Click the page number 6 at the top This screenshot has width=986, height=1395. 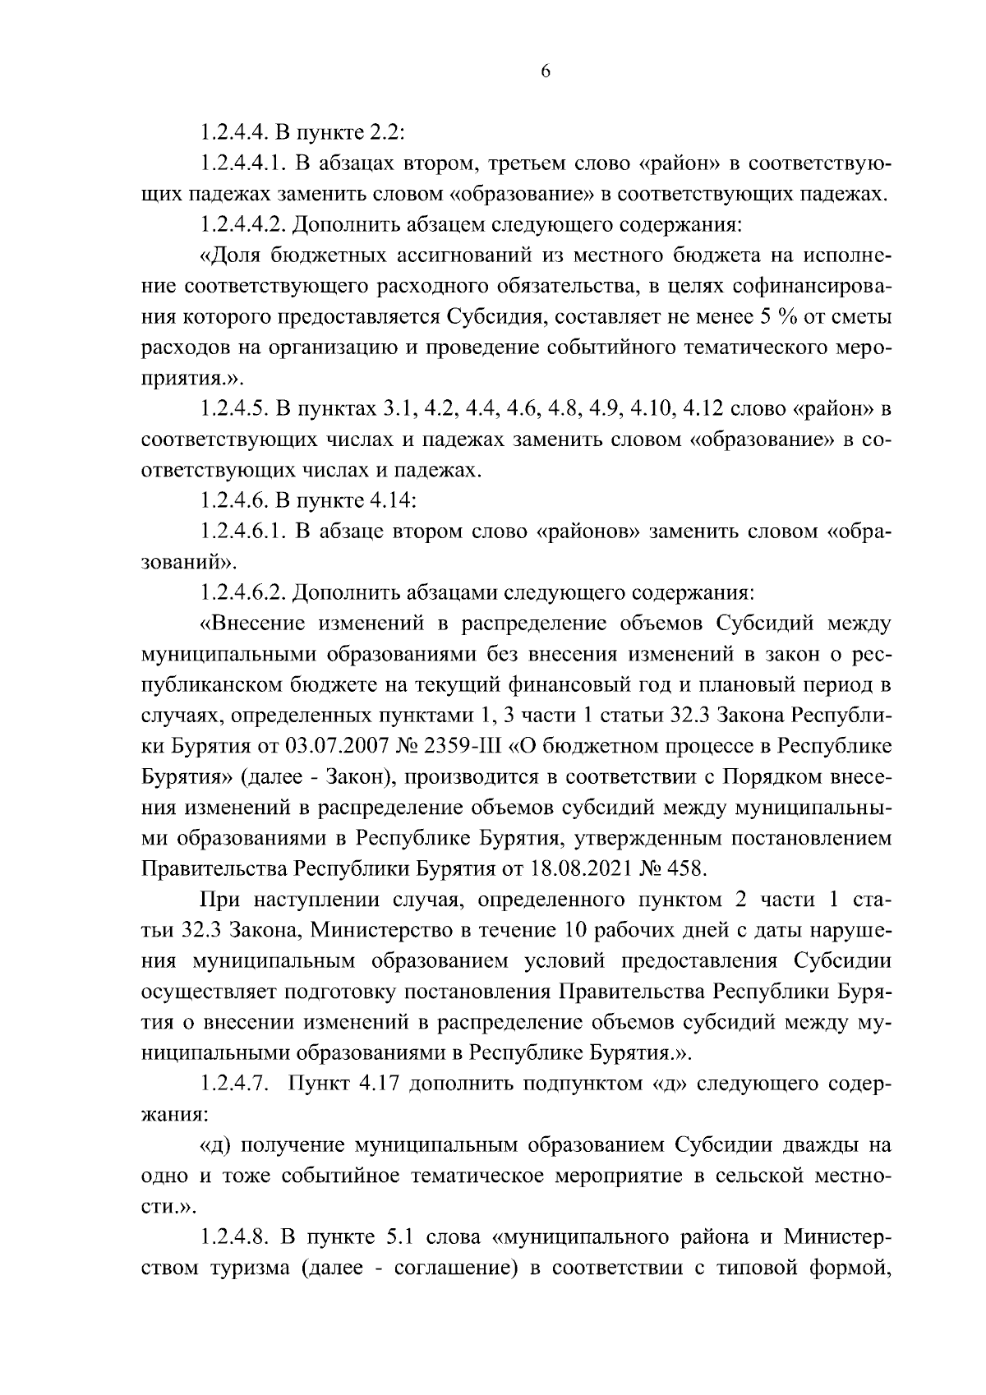pyautogui.click(x=546, y=71)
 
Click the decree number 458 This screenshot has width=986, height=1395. pyautogui.click(x=688, y=868)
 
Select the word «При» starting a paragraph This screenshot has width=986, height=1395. pyautogui.click(x=218, y=899)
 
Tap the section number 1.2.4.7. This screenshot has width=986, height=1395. pyautogui.click(x=234, y=1084)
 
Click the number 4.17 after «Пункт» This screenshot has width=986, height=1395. pyautogui.click(x=379, y=1084)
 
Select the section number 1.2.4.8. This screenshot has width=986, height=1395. pyautogui.click(x=234, y=1236)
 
